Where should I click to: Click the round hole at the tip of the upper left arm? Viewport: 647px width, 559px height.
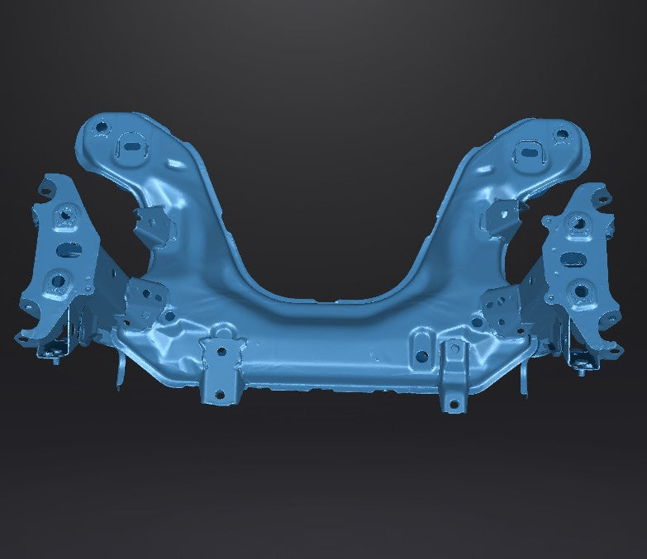pos(102,129)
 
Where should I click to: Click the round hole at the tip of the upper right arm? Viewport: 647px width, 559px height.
pos(561,133)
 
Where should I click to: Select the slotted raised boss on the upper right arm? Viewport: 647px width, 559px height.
pos(527,153)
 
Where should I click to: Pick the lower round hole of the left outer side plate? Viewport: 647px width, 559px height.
pos(58,282)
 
